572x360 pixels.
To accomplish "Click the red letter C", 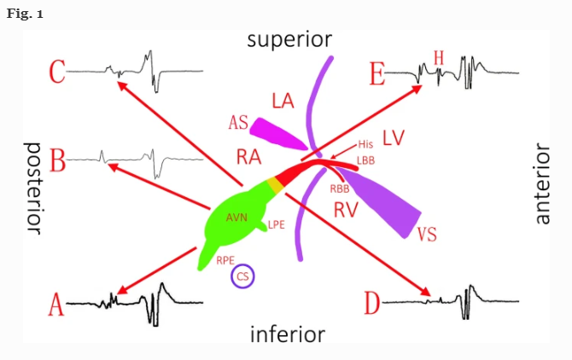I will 56,72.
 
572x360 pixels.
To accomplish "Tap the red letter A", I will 55,304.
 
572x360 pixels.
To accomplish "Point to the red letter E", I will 377,74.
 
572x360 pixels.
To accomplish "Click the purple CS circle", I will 243,276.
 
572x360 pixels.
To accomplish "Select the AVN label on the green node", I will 237,218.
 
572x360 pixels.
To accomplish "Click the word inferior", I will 287,334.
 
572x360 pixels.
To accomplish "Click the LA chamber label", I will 283,101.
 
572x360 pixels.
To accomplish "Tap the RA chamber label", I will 248,155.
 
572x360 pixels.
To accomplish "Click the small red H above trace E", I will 439,57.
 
